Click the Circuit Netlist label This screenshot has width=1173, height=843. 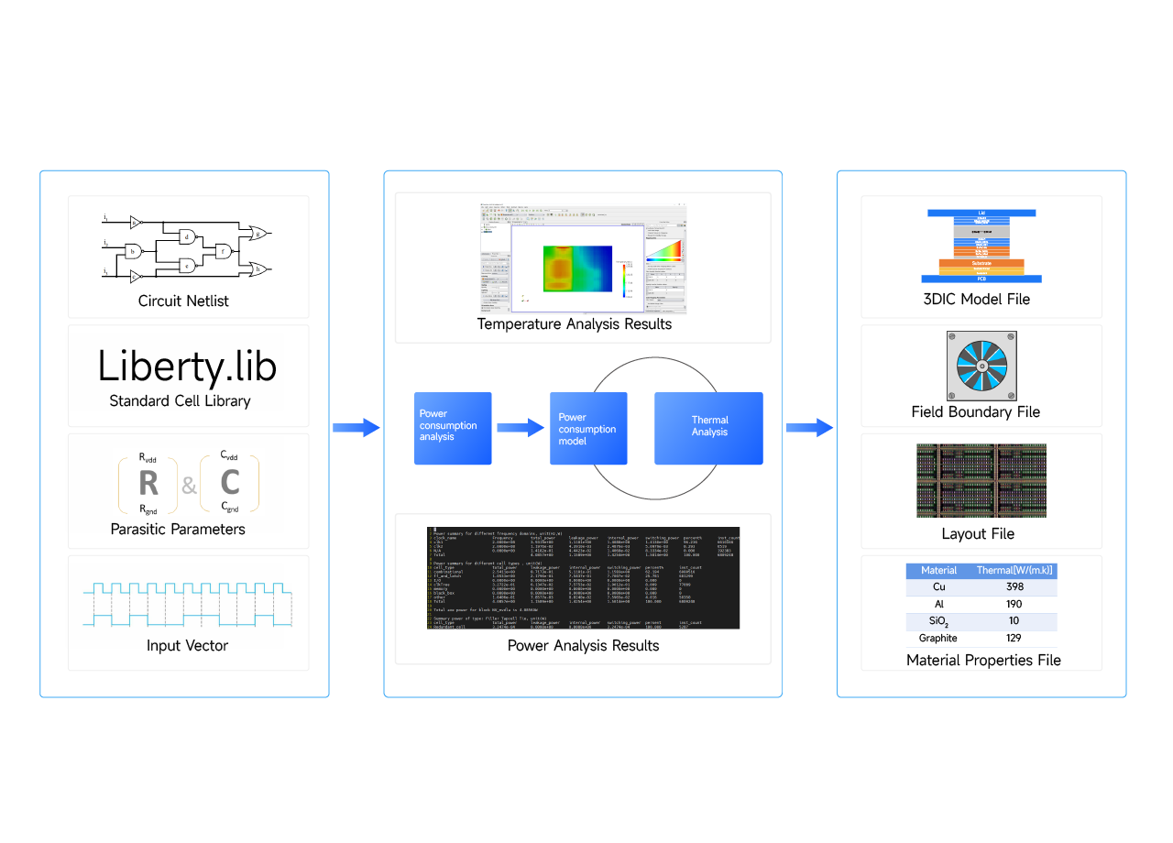click(x=183, y=301)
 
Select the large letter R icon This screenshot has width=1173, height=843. click(x=148, y=482)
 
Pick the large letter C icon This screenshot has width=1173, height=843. click(x=230, y=482)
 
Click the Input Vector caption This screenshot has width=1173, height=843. click(x=187, y=645)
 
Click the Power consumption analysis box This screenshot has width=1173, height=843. click(x=453, y=427)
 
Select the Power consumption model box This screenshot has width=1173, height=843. click(x=588, y=427)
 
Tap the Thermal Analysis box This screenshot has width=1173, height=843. click(x=708, y=427)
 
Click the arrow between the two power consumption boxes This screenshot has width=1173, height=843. click(x=520, y=427)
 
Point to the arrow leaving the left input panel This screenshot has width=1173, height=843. click(x=356, y=427)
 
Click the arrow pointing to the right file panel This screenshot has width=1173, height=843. click(x=809, y=427)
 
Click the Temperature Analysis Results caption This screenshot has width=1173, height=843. click(x=575, y=323)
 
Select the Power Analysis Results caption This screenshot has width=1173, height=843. click(x=583, y=645)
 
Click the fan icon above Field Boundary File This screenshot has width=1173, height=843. click(x=981, y=367)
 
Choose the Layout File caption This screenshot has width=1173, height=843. click(x=978, y=533)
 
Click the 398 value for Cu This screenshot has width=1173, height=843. click(x=1014, y=586)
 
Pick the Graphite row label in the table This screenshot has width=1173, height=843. click(x=938, y=638)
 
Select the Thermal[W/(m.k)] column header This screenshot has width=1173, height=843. click(x=1014, y=570)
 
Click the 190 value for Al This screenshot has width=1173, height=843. click(x=1014, y=604)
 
